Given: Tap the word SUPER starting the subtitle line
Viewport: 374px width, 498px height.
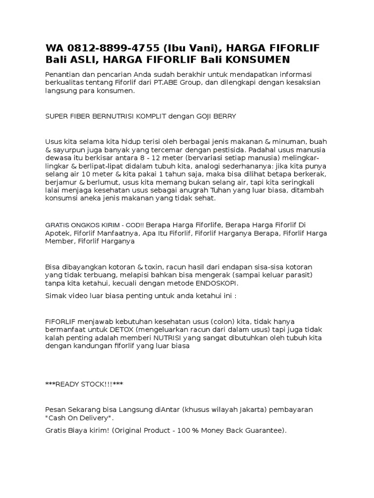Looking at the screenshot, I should coord(56,117).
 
